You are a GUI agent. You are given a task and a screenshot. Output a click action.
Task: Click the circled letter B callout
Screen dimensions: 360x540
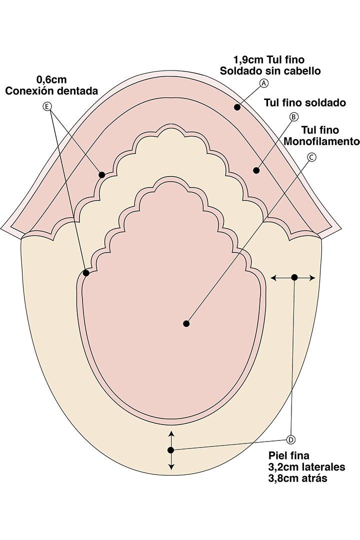tap(293, 117)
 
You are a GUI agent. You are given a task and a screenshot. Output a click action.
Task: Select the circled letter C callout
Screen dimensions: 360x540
tap(311, 157)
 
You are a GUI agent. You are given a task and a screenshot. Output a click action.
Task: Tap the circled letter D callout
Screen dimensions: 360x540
tap(291, 440)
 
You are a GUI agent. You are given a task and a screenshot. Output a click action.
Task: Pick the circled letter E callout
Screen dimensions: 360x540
tap(47, 106)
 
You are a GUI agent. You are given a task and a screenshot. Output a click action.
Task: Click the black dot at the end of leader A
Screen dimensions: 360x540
tap(237, 107)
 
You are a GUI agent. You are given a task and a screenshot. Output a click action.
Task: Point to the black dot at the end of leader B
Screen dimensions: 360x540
tap(256, 170)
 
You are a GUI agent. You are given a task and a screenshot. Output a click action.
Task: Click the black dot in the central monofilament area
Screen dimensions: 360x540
tap(186, 323)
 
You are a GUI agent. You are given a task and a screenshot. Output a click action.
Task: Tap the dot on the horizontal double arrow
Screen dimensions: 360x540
tap(294, 277)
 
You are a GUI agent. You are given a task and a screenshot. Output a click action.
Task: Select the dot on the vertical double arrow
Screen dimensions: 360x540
tap(170, 450)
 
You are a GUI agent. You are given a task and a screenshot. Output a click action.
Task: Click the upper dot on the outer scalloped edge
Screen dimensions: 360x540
tap(102, 175)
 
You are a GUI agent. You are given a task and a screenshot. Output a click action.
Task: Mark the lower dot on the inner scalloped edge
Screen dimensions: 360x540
tap(86, 273)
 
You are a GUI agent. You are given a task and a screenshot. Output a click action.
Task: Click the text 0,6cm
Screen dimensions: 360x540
tap(51, 80)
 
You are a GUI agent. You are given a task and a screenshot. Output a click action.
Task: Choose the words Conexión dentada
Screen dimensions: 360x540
tap(51, 91)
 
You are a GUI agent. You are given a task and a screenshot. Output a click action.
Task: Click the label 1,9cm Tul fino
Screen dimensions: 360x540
tap(269, 60)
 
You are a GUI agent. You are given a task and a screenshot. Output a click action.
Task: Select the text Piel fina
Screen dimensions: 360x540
tap(288, 455)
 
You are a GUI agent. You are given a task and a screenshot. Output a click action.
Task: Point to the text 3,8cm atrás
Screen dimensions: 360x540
tap(297, 478)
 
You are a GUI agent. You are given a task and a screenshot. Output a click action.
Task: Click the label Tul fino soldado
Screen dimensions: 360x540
tap(305, 102)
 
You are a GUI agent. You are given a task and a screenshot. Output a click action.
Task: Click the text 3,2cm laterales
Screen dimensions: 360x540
tap(306, 467)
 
